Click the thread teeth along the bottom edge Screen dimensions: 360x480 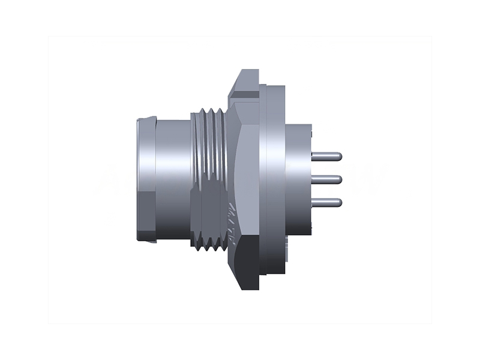tap(207, 245)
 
